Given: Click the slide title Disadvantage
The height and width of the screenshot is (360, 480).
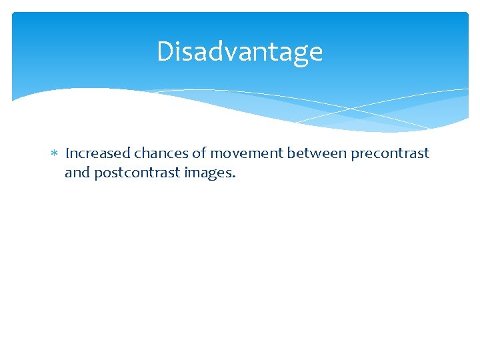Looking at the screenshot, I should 239,52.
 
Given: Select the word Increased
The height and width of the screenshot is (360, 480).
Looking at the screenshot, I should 98,153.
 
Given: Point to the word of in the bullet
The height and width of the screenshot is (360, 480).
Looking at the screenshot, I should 199,153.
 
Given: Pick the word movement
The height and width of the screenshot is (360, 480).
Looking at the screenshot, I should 247,153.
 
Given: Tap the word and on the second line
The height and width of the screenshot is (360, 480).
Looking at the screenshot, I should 77,173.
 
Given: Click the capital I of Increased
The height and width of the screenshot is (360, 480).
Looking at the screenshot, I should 67,153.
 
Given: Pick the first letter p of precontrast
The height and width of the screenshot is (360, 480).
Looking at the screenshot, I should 355,155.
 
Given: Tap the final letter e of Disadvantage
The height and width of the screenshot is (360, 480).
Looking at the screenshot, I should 316,53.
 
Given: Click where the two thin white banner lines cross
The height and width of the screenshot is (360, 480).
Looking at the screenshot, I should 351,108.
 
